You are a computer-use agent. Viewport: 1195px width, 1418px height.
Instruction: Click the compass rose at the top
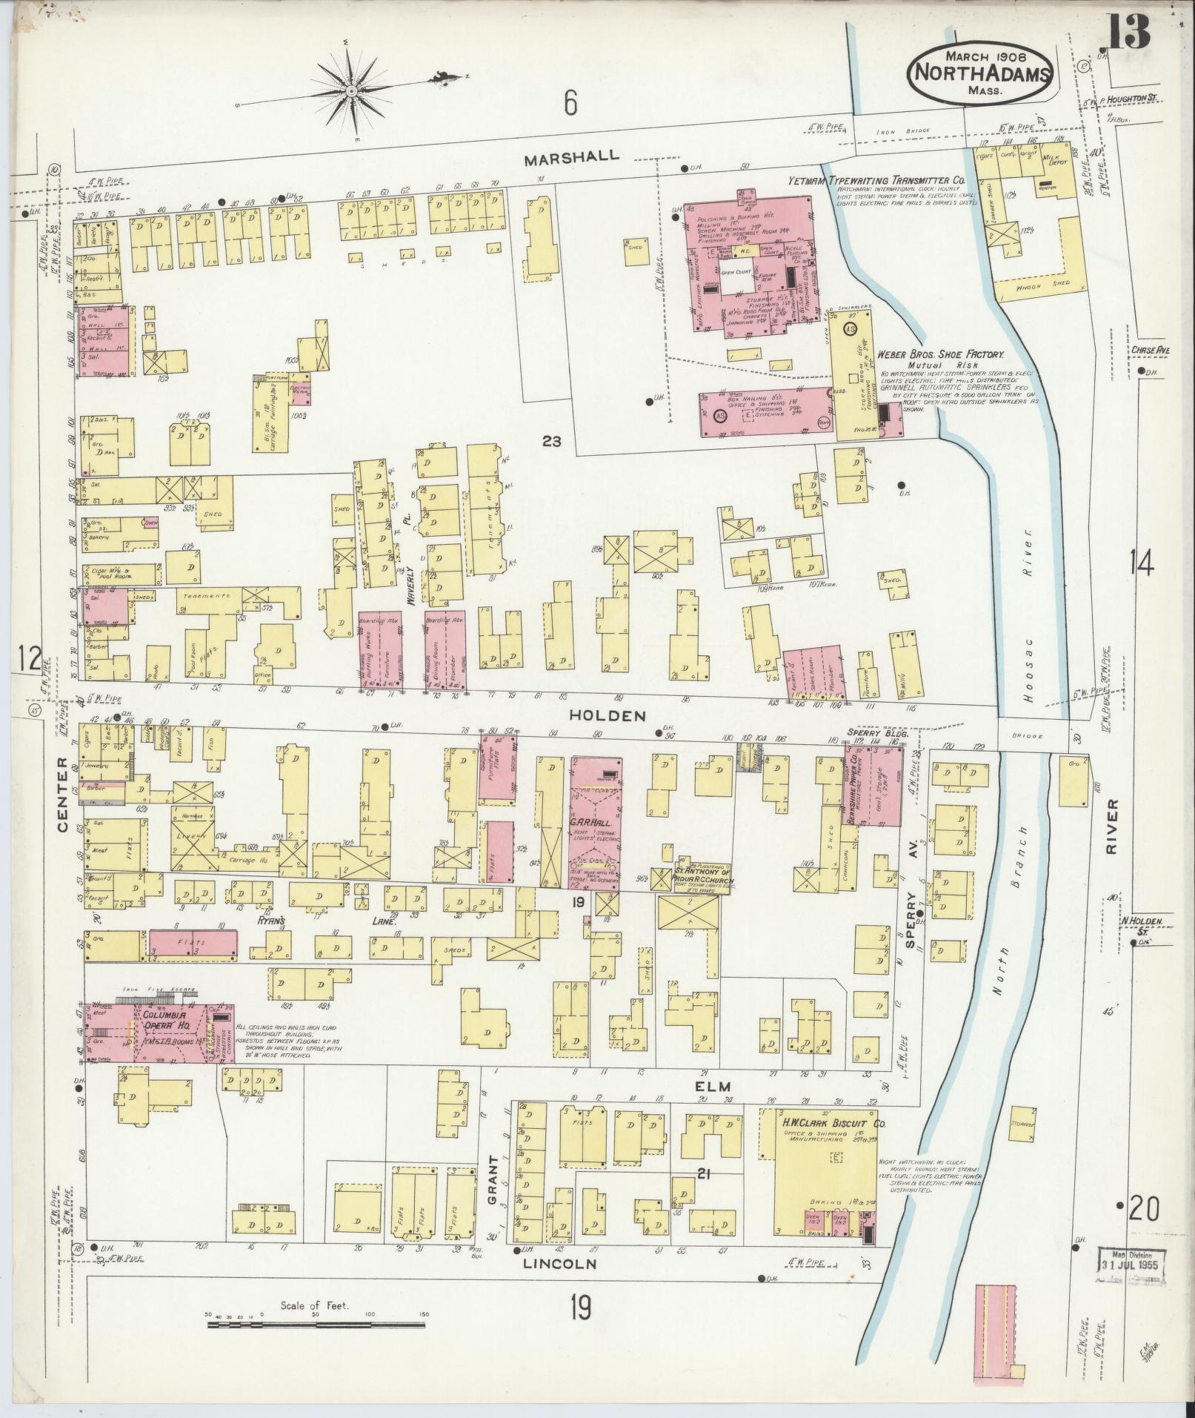tap(351, 90)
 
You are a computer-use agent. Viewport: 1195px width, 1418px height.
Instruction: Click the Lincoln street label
tap(559, 1263)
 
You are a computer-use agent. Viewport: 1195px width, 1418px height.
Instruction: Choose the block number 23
tap(551, 442)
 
